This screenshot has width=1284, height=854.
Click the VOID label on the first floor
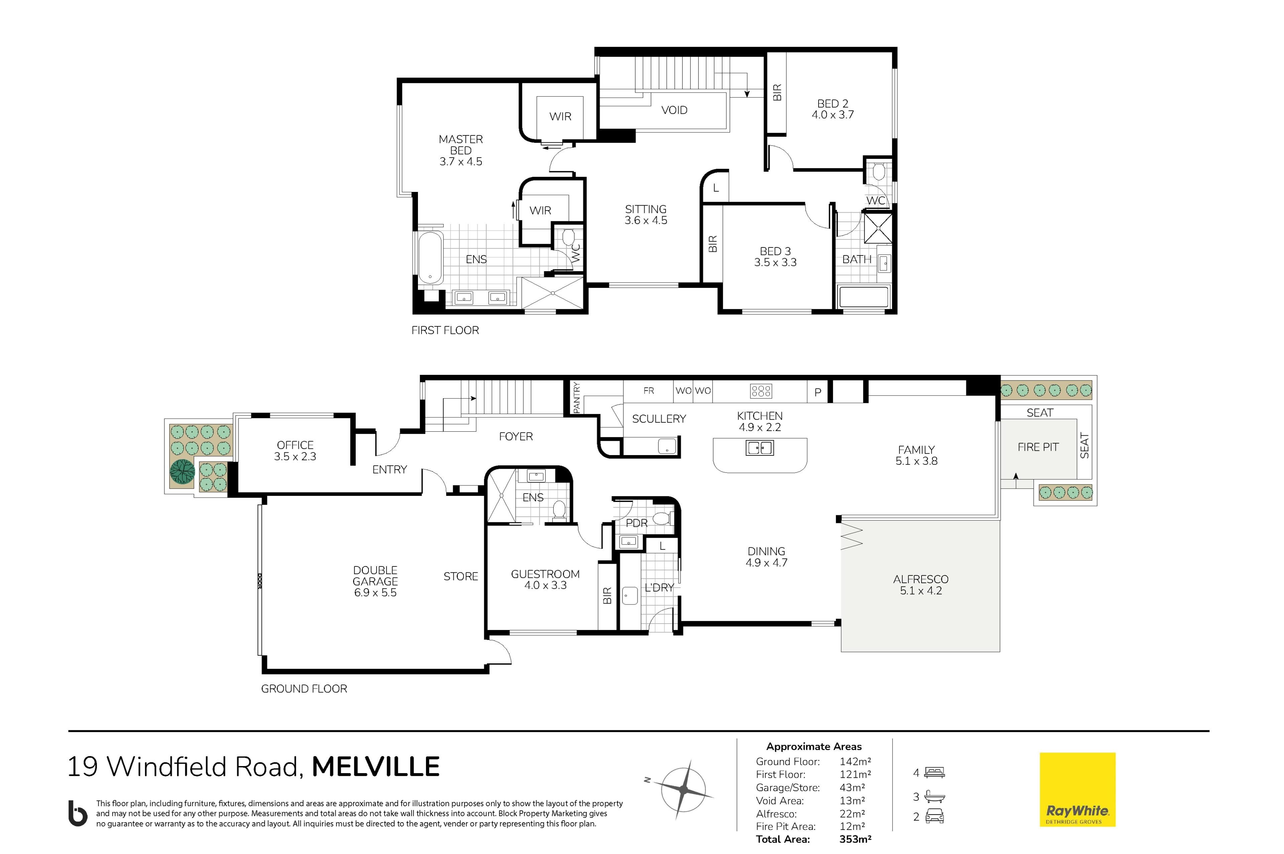674,110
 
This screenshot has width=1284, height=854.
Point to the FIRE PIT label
1038,447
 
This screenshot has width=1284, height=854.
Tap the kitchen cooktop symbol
761,391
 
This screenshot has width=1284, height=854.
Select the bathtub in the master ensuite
430,258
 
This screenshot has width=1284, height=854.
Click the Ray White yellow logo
1077,790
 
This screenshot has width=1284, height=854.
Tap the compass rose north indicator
647,780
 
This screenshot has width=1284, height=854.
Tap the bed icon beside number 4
935,772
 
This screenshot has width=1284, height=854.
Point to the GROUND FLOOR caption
304,688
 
